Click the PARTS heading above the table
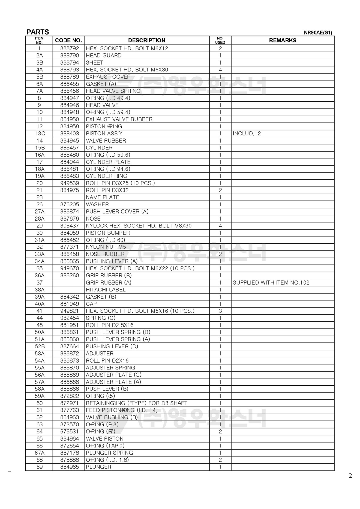coord(38,32)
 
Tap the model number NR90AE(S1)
coord(318,33)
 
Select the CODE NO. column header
coord(68,41)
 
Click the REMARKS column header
coord(283,41)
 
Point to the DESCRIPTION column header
coord(146,41)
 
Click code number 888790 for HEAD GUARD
coord(70,56)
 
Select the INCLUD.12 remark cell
coord(247,134)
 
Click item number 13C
coord(40,134)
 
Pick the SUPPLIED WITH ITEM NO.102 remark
coord(271,282)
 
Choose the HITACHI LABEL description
coord(106,290)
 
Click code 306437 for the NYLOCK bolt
coord(70,226)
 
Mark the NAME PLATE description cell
coord(103,197)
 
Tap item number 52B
coord(40,346)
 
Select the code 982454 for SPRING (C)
coord(70,318)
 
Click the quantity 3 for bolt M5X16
coord(220,311)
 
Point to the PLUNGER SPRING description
coord(109,453)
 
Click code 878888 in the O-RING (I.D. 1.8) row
coord(70,460)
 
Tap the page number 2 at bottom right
coord(350,476)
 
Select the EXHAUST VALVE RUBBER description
coord(119,119)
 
